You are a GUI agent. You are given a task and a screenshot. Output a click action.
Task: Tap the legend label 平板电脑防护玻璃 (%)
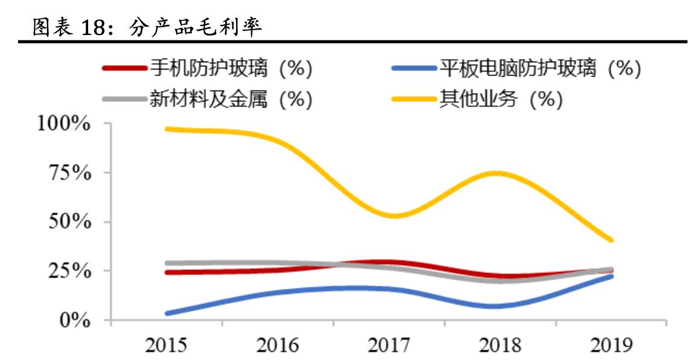click(x=539, y=68)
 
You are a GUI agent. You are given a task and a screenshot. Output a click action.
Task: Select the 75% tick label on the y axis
click(x=69, y=173)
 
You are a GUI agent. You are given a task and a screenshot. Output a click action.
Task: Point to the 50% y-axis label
click(x=69, y=222)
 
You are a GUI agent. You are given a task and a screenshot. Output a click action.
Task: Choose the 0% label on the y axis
click(x=75, y=320)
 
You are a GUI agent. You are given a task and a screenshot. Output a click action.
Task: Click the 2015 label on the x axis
click(x=166, y=345)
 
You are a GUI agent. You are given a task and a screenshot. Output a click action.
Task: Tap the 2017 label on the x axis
click(x=388, y=345)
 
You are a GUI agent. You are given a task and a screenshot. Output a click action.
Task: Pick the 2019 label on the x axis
click(x=610, y=345)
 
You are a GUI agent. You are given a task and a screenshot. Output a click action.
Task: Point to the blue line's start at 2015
click(x=166, y=313)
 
